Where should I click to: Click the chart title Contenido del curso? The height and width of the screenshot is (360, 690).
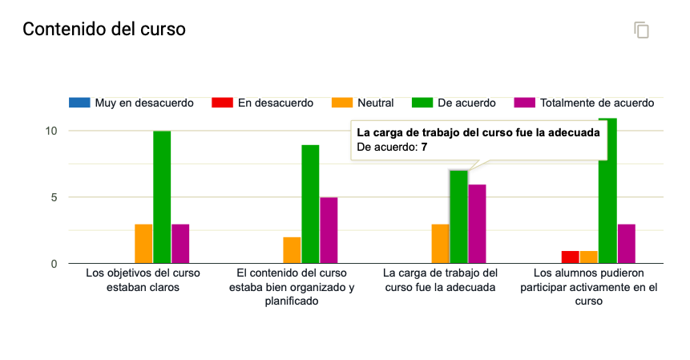(x=104, y=30)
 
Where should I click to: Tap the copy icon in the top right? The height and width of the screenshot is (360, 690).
(x=641, y=30)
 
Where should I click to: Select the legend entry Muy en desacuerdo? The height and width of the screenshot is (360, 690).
(x=132, y=103)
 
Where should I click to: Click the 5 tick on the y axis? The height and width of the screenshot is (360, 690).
(x=54, y=197)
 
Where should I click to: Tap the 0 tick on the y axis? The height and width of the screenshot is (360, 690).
(x=54, y=264)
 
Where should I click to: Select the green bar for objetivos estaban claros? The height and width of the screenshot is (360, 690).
(x=162, y=197)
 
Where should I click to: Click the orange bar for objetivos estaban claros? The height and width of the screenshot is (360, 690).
(x=143, y=244)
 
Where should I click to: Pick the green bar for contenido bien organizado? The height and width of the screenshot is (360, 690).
(x=310, y=204)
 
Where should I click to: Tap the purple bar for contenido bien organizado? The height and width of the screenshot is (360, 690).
(x=329, y=230)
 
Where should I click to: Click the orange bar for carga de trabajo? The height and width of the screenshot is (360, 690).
(x=440, y=244)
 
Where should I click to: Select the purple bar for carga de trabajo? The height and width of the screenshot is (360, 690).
(x=477, y=224)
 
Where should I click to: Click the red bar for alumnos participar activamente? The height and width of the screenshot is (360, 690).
(x=570, y=257)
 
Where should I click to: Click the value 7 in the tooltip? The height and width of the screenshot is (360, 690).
(x=424, y=148)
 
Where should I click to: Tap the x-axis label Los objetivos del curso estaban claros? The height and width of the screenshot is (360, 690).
(x=143, y=280)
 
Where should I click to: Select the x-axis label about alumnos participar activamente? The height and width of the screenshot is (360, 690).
(x=589, y=287)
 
